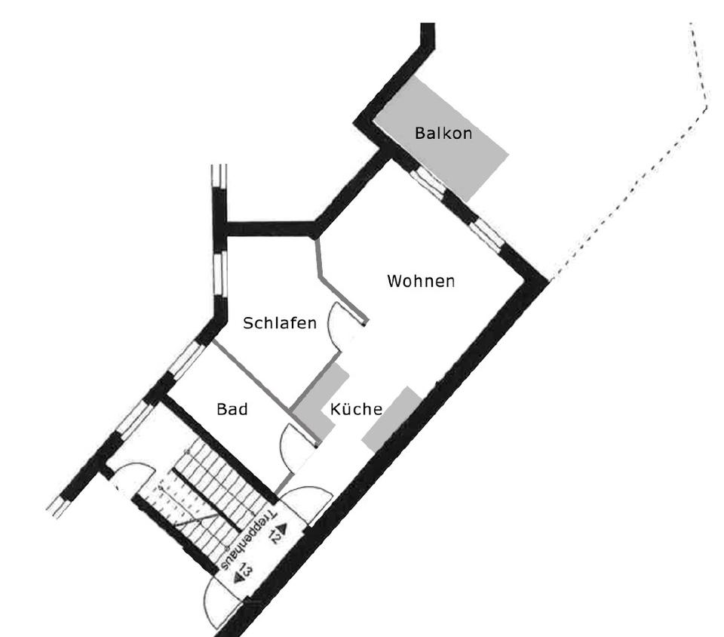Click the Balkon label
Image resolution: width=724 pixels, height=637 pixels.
(x=443, y=134)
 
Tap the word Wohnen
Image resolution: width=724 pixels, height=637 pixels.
(x=421, y=282)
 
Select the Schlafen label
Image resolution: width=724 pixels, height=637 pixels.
(x=279, y=323)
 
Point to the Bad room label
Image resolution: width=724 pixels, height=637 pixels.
(x=232, y=409)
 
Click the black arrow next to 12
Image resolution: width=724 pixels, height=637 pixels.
(x=283, y=527)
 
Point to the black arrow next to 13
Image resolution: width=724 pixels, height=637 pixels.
(x=238, y=577)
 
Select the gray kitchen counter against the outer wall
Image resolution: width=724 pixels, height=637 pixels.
(x=391, y=419)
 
